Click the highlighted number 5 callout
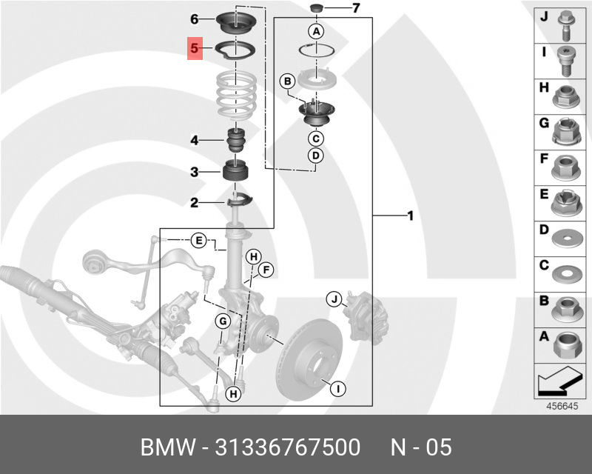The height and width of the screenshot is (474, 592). point(195,49)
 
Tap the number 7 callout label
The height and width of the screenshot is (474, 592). point(355,9)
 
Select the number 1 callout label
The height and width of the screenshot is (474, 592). point(408,216)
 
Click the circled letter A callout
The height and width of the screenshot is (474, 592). point(316,31)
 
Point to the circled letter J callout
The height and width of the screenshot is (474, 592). point(334,299)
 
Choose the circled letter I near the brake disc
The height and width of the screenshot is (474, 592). point(336,387)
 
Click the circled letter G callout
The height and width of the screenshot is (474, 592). point(222,321)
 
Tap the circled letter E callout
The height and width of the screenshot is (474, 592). point(198,240)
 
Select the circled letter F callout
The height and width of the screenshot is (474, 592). point(266,270)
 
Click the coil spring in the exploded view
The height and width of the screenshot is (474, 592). point(236,97)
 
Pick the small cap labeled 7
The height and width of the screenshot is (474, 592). point(316,8)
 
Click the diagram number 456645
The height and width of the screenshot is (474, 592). point(562,406)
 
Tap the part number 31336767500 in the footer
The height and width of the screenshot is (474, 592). point(287,448)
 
